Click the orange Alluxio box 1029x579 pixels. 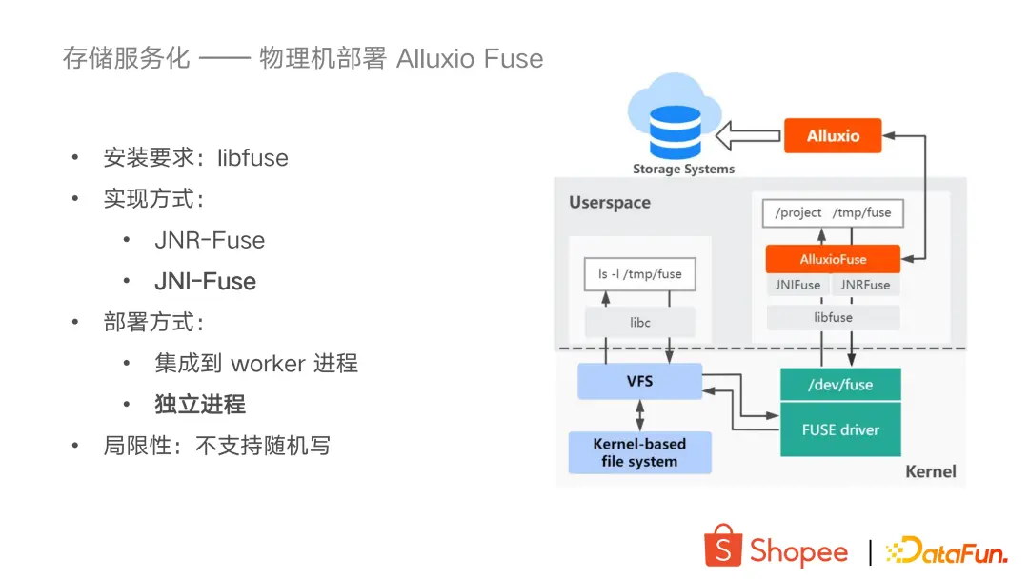[x=833, y=136]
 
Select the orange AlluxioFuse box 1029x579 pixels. [x=833, y=259]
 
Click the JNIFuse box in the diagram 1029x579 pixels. [x=797, y=285]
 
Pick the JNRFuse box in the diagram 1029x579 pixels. [x=865, y=285]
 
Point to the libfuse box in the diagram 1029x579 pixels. [x=833, y=317]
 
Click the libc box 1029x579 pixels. [x=639, y=323]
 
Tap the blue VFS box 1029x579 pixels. [x=639, y=381]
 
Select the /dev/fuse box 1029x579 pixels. [x=839, y=385]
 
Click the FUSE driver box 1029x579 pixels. [x=839, y=429]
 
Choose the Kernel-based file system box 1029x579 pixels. [x=639, y=453]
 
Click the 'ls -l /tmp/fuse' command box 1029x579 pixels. [x=639, y=274]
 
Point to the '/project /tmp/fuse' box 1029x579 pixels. [x=833, y=212]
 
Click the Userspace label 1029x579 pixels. [x=610, y=203]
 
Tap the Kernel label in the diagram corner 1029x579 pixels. [x=930, y=471]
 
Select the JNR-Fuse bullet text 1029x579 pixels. [x=210, y=241]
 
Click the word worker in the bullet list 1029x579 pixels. [x=268, y=364]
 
